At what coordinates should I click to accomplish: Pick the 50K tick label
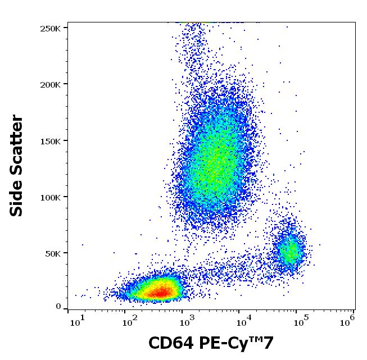point(53,253)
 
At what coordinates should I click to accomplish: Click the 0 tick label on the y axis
point(58,306)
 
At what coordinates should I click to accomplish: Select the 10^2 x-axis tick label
point(130,321)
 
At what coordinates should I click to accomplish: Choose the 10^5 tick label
point(300,321)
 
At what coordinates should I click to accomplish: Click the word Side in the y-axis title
point(17,197)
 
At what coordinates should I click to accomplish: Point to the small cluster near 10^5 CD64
point(290,251)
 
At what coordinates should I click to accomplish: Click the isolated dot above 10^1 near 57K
point(83,245)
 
